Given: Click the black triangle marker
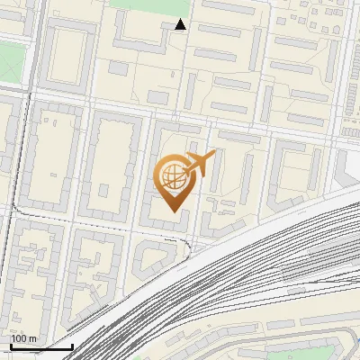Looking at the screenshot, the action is (x=181, y=24).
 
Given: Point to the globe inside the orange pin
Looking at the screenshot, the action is (x=172, y=175).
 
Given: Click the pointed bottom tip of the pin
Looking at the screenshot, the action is (x=173, y=211).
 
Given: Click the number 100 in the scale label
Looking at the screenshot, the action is (x=19, y=338).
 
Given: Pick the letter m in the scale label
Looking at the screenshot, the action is (x=32, y=338).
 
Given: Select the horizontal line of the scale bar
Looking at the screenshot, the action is (x=41, y=347).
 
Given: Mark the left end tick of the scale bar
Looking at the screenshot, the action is (x=11, y=345).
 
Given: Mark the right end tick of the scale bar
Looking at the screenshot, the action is (x=72, y=345).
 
